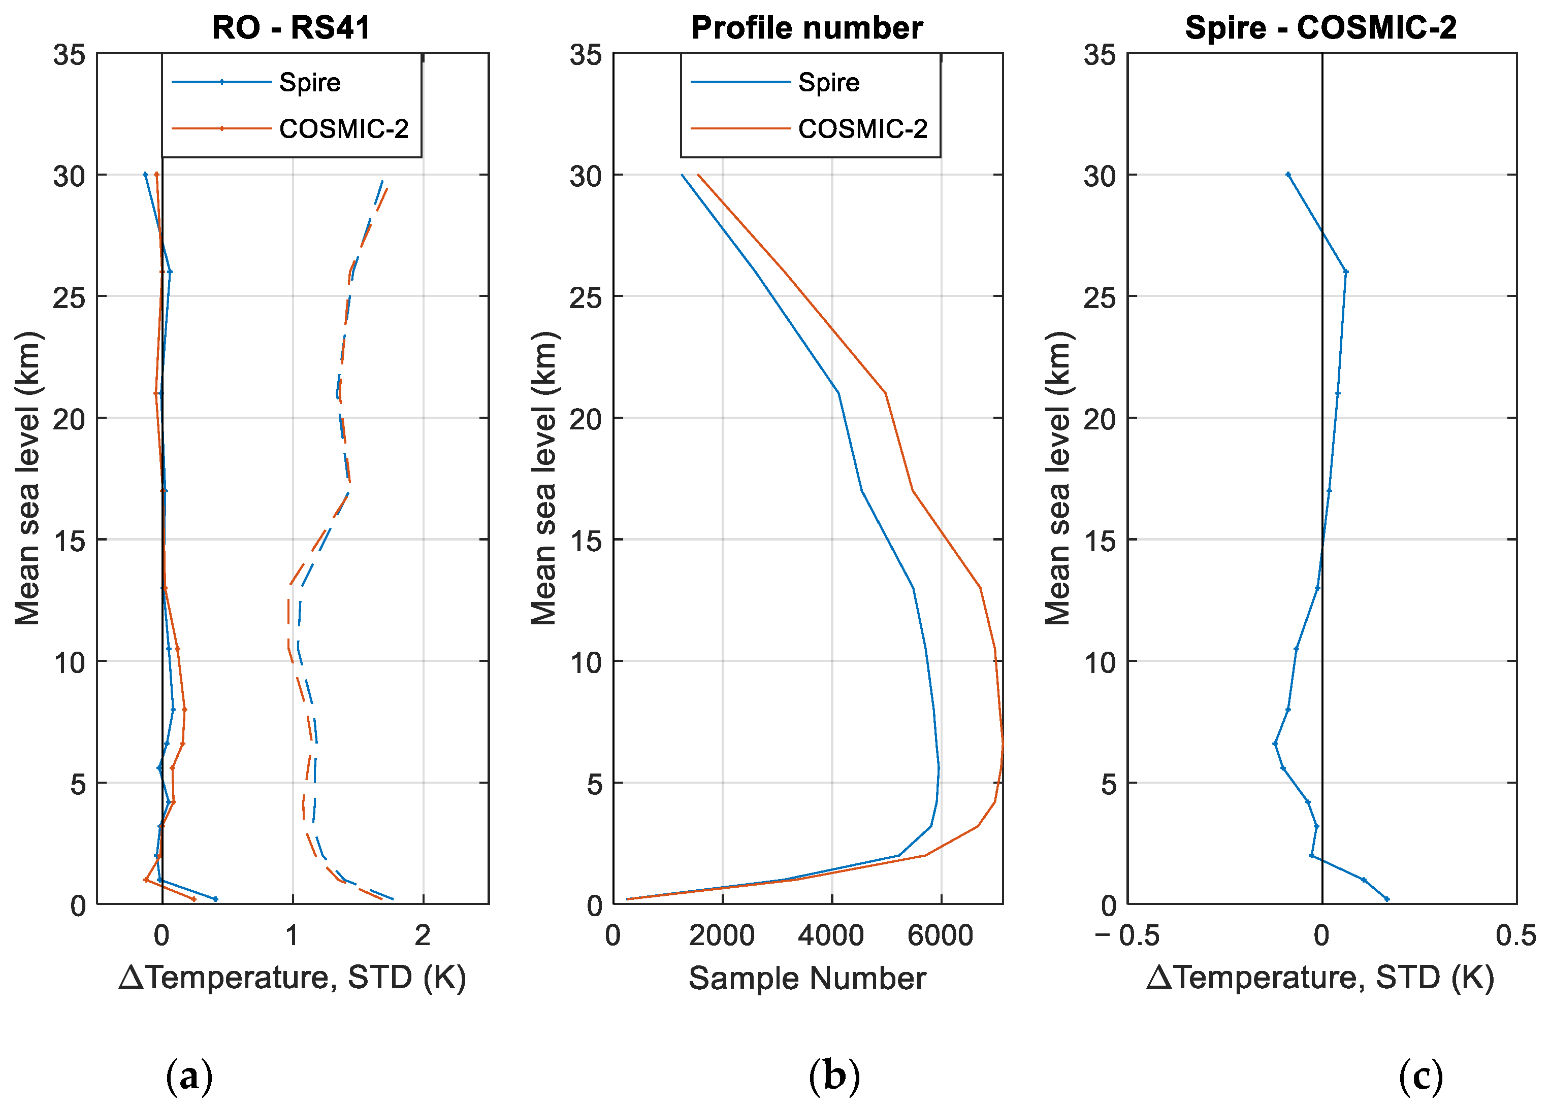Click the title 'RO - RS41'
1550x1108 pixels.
pyautogui.click(x=291, y=28)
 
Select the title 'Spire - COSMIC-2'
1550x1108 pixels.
pyautogui.click(x=1320, y=28)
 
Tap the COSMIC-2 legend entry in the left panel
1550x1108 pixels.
pyautogui.click(x=343, y=128)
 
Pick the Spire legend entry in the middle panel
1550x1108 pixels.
pyautogui.click(x=828, y=83)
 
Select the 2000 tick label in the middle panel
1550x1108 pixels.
pyautogui.click(x=722, y=935)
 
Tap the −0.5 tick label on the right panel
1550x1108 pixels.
pyautogui.click(x=1127, y=935)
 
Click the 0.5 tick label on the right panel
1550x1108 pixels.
pyautogui.click(x=1515, y=935)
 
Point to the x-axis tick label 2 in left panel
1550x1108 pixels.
pyautogui.click(x=423, y=935)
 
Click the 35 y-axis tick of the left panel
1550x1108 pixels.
pyautogui.click(x=70, y=55)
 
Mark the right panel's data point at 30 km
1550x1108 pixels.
pyautogui.click(x=1288, y=175)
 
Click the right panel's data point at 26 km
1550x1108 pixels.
pyautogui.click(x=1345, y=272)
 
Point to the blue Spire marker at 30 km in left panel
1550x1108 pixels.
pyautogui.click(x=145, y=175)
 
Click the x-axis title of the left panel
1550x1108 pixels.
pyautogui.click(x=292, y=978)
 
